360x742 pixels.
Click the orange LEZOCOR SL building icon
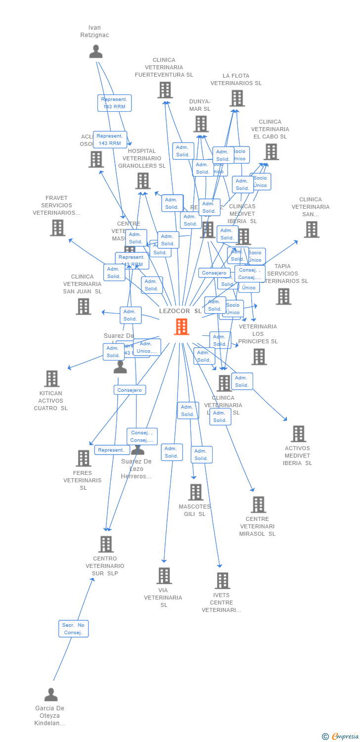click(x=181, y=326)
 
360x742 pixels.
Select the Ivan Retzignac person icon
click(x=95, y=51)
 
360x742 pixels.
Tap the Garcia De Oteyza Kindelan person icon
click(x=51, y=695)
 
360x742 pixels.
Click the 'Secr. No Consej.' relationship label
click(x=73, y=628)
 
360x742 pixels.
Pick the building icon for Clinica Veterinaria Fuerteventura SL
click(x=165, y=90)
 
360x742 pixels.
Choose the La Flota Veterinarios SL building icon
click(x=237, y=98)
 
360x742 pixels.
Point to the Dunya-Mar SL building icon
click(x=201, y=124)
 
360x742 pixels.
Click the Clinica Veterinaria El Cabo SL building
click(x=271, y=152)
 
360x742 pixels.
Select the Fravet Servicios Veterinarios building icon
click(x=58, y=228)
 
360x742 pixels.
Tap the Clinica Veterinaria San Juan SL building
click(x=83, y=306)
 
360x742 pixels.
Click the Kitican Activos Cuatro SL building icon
click(x=51, y=378)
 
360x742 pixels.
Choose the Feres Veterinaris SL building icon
click(x=83, y=458)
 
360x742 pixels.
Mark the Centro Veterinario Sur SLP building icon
click(x=106, y=544)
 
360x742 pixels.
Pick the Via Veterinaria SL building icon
click(x=164, y=575)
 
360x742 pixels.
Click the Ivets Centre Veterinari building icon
click(x=223, y=580)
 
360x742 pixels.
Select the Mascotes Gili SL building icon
click(x=196, y=492)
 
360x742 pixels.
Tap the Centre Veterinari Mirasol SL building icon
click(x=258, y=505)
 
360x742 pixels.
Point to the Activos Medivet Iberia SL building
click(x=298, y=433)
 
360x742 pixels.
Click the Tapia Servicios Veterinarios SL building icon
click(x=283, y=296)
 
